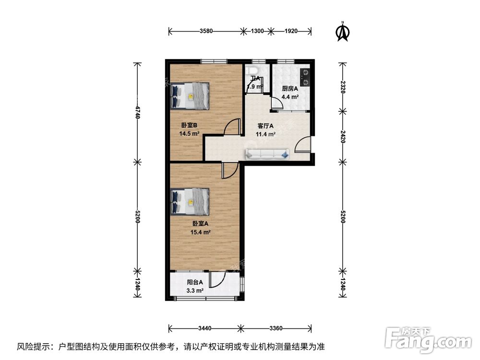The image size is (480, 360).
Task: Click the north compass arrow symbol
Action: [x=342, y=31]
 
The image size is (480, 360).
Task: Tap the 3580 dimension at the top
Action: [x=206, y=31]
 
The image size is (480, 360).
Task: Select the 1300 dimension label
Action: [x=257, y=31]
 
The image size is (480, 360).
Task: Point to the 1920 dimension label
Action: [x=291, y=31]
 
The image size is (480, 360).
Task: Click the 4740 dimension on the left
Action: [x=137, y=112]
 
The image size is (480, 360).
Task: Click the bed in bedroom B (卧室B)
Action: [x=190, y=95]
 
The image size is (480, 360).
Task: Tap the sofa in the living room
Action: [x=267, y=154]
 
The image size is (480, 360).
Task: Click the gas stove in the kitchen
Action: [x=304, y=75]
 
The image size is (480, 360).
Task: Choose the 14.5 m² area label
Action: [x=189, y=134]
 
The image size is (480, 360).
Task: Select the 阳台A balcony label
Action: [x=194, y=283]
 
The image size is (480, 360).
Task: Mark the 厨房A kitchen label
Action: [x=290, y=89]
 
